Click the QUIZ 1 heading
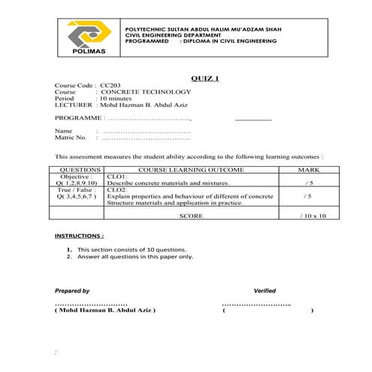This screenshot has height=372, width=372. pos(205,79)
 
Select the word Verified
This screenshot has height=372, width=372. pos(265,290)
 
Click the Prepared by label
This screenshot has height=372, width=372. pos(72,290)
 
